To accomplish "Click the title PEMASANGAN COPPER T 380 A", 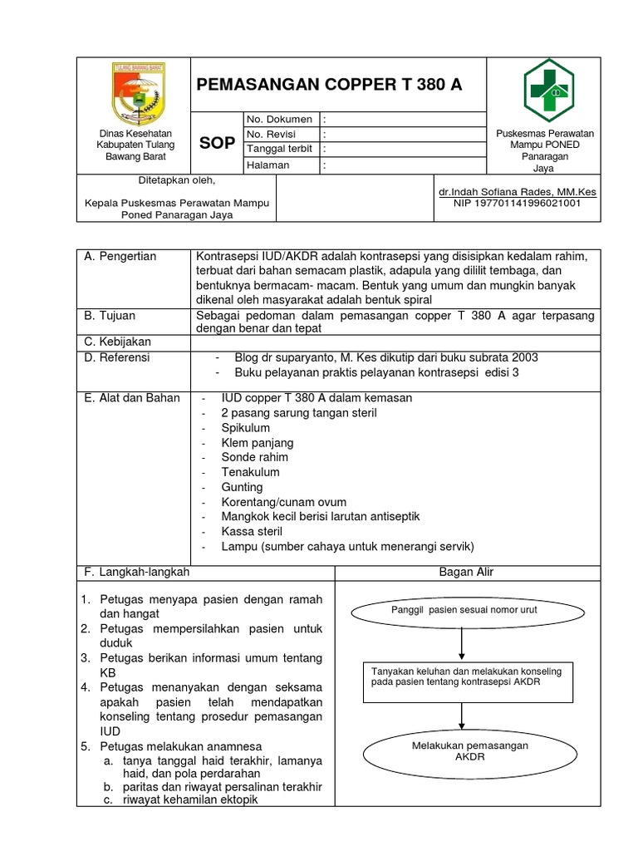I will pos(329,86).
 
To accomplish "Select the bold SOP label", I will pos(216,143).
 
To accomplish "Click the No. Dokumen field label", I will pos(279,120).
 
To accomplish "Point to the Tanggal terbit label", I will pos(280,150).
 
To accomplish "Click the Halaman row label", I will pos(267,165).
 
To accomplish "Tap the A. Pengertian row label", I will pos(120,256).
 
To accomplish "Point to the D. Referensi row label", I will pos(117,357).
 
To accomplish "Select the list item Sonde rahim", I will pos(254,457).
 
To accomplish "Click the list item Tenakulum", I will pos(250,472).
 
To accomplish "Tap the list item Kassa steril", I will pos(252,531).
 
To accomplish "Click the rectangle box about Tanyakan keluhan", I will pos(461,676).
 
